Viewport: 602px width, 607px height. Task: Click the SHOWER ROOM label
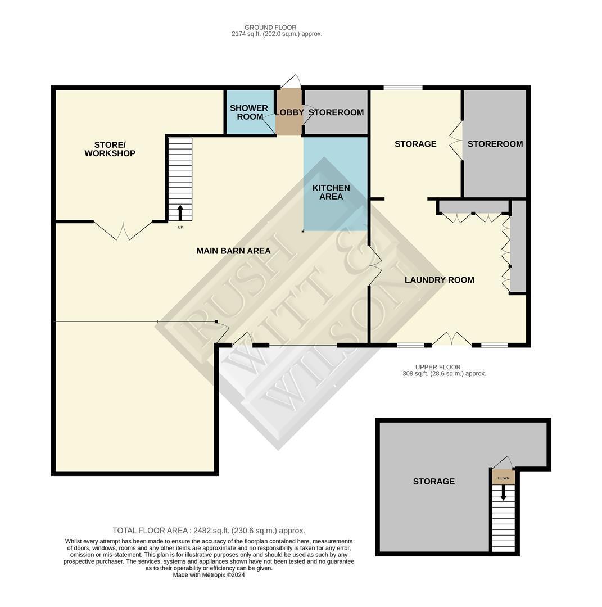249,112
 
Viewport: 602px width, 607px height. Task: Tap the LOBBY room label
289,112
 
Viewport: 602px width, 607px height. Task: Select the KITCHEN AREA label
331,192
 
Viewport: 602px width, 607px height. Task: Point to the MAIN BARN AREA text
233,251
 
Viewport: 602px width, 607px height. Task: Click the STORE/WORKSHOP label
110,149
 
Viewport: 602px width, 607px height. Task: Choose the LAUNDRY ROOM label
439,280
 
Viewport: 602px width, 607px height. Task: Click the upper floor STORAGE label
433,482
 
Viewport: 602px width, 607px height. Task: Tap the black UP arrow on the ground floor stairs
180,213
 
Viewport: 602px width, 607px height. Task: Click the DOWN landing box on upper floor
503,478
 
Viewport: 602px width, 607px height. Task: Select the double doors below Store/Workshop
123,230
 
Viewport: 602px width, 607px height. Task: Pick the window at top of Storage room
402,88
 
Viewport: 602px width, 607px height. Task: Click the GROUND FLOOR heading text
270,27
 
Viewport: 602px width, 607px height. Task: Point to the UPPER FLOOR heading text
438,367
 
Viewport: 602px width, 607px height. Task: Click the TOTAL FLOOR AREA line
209,531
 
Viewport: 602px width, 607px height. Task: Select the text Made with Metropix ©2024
209,575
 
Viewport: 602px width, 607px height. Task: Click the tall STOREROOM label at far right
495,144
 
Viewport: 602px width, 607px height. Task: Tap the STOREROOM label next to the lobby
336,112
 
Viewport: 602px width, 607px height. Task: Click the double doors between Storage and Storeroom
456,140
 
